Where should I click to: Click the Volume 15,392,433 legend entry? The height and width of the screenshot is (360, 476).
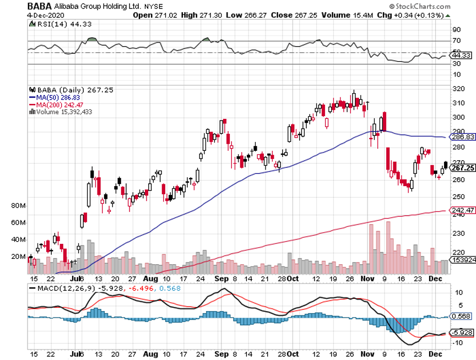[63, 111]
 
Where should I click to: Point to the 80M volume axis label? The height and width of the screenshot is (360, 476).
[18, 206]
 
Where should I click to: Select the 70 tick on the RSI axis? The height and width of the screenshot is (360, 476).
[457, 41]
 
